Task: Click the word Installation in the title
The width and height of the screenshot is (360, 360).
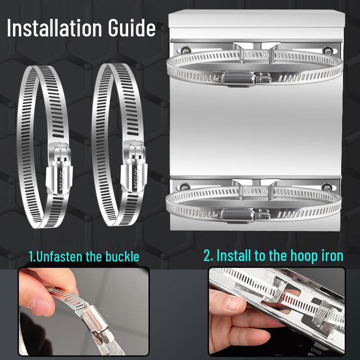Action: (x=54, y=28)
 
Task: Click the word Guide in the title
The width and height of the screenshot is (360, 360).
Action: (x=132, y=28)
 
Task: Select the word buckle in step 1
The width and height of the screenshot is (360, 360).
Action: (x=122, y=256)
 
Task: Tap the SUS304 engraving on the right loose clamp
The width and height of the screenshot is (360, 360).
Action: (x=136, y=178)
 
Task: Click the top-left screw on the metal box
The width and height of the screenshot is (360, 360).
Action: (x=186, y=50)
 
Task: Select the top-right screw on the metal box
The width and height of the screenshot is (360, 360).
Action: (x=327, y=50)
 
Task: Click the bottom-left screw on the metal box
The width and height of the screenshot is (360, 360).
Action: (x=185, y=187)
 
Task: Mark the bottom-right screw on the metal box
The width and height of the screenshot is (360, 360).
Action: (x=327, y=187)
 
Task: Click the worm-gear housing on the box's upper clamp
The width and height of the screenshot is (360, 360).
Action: (x=238, y=79)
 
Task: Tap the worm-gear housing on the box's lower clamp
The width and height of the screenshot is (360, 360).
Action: (x=237, y=216)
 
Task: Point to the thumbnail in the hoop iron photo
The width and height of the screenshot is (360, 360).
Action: (x=235, y=302)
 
